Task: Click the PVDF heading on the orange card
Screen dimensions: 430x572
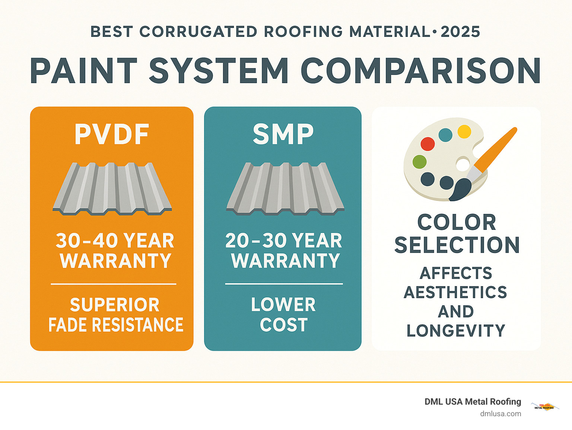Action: (112, 134)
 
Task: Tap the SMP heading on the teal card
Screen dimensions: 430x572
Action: (283, 134)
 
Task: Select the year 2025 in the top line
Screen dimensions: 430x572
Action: (460, 32)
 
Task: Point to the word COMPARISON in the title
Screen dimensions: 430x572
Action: (420, 71)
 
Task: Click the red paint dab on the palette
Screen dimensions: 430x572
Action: (428, 144)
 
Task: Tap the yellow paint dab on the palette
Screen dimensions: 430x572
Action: (464, 132)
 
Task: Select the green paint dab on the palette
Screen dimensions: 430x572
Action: (420, 162)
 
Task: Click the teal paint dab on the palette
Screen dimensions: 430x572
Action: (445, 135)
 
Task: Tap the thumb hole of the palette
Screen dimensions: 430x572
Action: (463, 164)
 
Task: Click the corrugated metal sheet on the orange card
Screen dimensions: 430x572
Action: (112, 189)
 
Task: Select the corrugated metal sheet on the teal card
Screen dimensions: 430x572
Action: (285, 189)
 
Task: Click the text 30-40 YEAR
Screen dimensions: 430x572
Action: (115, 241)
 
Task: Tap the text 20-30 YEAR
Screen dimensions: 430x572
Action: (283, 241)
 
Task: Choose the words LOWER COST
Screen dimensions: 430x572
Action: (283, 315)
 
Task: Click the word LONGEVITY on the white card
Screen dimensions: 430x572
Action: (456, 331)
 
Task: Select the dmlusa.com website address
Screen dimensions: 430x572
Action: (500, 414)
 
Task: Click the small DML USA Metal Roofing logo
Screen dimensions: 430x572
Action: (544, 407)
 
